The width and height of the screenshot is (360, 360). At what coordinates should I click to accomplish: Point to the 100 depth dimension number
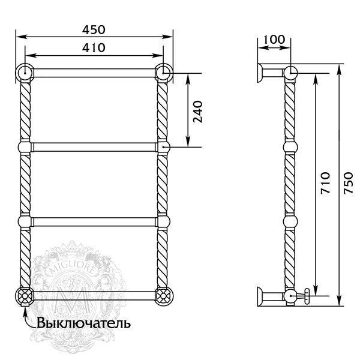point(274,40)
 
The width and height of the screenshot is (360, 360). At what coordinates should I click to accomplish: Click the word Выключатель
point(83,323)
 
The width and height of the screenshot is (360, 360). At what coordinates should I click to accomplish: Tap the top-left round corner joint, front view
point(26,73)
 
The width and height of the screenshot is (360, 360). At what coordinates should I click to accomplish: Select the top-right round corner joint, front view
point(163,73)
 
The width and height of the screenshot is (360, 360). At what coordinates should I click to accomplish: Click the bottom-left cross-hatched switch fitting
point(26,296)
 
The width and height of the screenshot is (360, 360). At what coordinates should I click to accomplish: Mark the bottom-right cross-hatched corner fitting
point(163,296)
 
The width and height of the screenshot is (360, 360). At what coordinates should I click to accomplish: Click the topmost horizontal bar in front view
point(94,73)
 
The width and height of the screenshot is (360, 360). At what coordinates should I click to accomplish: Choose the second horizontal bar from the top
point(94,146)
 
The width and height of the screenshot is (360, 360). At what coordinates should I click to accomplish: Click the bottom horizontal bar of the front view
point(94,295)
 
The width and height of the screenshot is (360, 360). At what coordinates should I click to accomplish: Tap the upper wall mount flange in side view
point(262,73)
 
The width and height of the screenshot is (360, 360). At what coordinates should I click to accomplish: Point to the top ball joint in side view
point(290,73)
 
